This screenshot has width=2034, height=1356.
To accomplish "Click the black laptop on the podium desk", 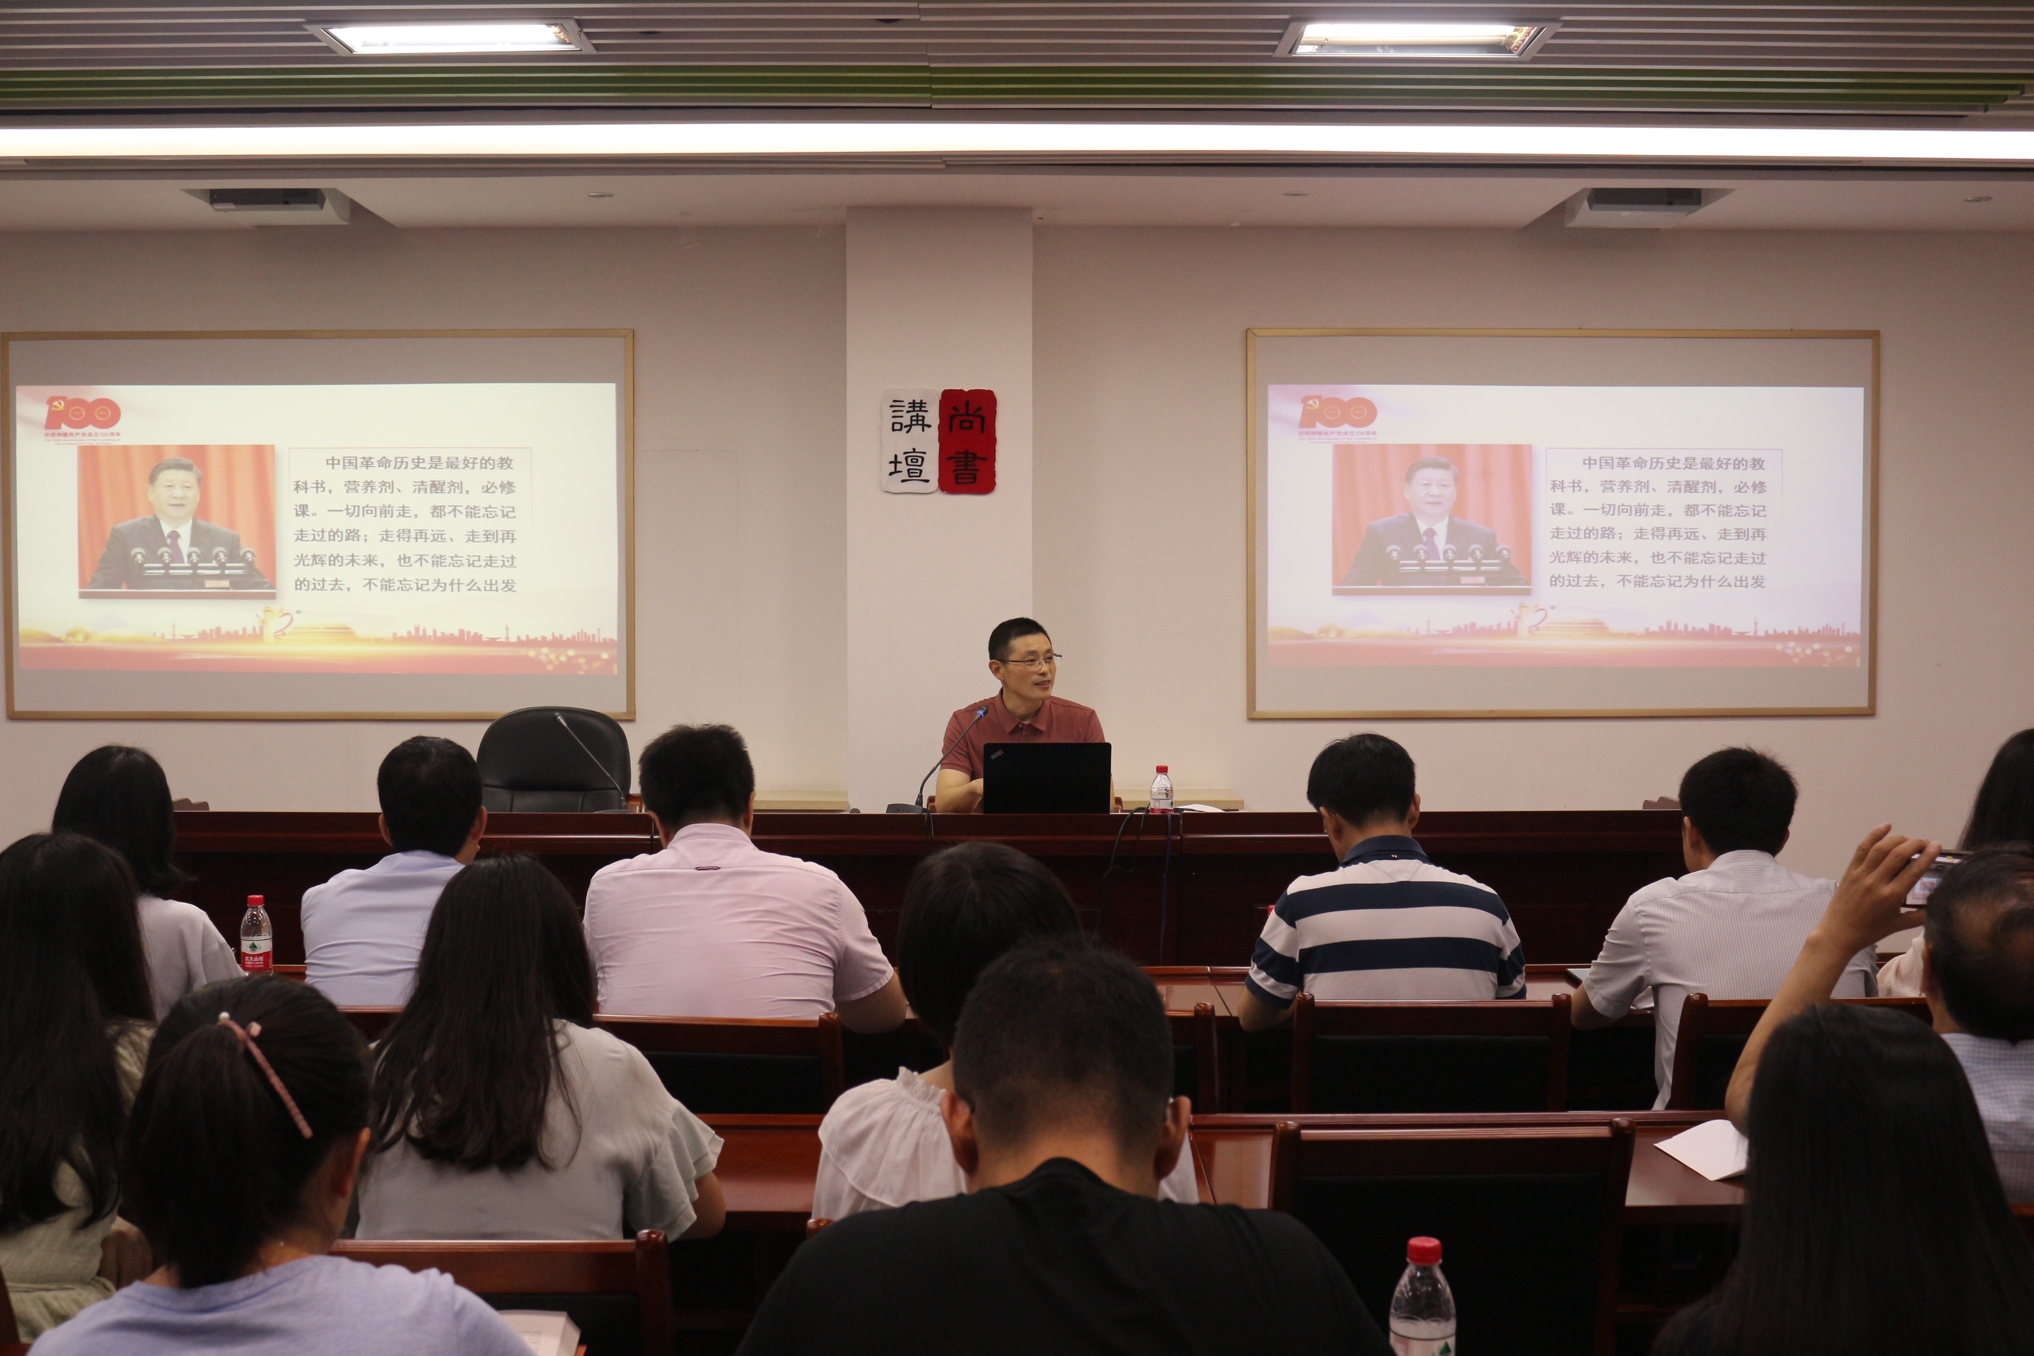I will point(1046,777).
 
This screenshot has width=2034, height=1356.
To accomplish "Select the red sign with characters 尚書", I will point(967,441).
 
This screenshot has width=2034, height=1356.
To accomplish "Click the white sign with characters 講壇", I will point(910,441).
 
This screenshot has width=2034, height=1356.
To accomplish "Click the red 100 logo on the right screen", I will point(1338,413).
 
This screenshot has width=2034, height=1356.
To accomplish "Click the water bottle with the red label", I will point(256,938).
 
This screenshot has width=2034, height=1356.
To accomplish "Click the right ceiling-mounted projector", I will point(1643,200).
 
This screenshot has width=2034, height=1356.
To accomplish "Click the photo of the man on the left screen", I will point(177,520).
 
